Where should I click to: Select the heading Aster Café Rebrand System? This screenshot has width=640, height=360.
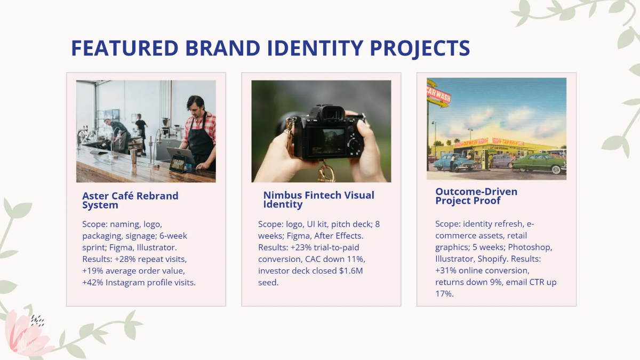[130, 200]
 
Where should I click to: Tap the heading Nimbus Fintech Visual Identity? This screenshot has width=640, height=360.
[318, 199]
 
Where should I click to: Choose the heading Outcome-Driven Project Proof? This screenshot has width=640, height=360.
[476, 196]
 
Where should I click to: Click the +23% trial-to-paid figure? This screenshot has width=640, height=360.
[300, 247]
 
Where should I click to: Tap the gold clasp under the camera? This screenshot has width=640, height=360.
[326, 173]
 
